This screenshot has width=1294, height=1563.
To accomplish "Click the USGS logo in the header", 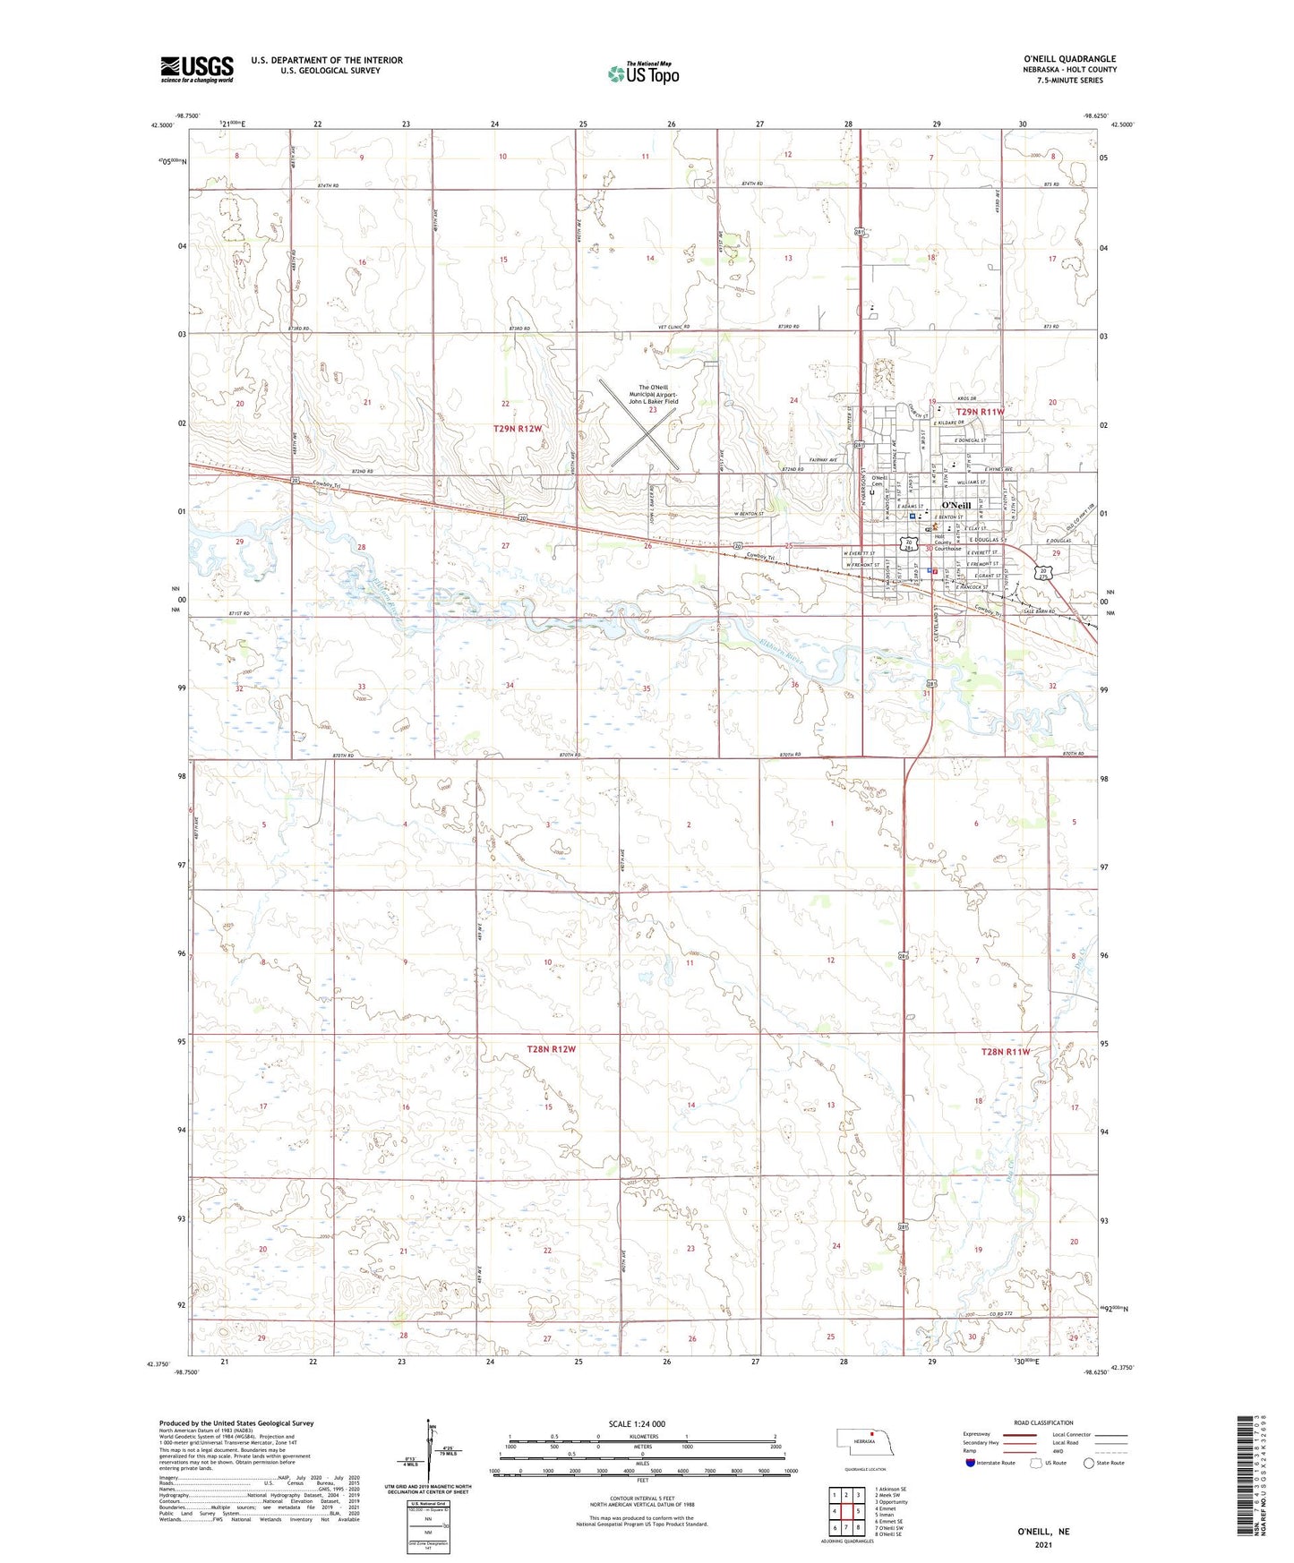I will [196, 69].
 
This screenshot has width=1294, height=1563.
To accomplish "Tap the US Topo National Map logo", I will [643, 73].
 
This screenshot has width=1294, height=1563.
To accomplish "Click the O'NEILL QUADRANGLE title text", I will [1069, 59].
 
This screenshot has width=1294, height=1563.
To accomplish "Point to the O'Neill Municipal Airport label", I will [653, 395].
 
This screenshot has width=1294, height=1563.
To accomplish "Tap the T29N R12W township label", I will [518, 429].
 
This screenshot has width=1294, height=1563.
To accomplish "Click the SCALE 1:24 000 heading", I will [637, 1424].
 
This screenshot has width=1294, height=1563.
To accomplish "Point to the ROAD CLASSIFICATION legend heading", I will [1043, 1422].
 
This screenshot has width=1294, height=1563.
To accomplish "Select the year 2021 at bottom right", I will [1042, 1544].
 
